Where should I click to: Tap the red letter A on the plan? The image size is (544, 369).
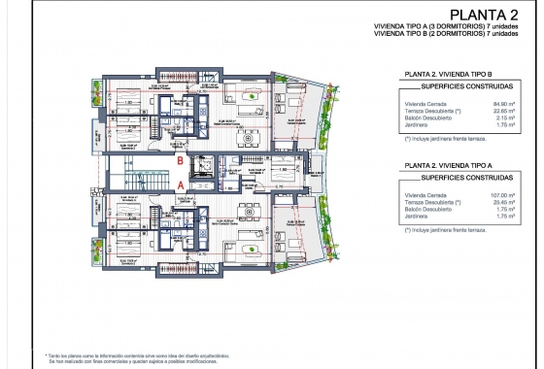click(180, 182)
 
